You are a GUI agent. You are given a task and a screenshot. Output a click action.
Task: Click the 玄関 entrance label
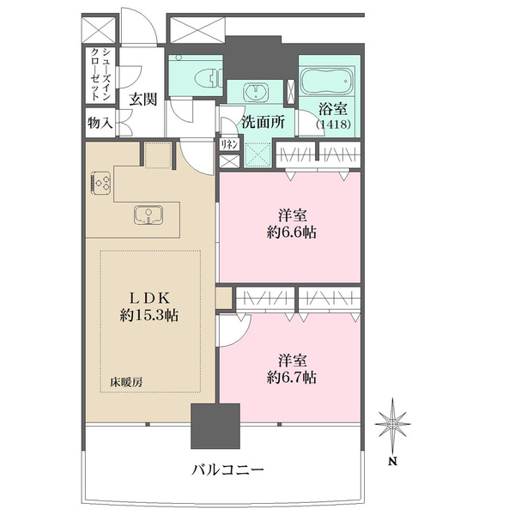[142, 98]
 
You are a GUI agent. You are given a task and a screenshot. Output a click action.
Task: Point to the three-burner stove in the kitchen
[101, 182]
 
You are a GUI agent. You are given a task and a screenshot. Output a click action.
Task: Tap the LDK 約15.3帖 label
[149, 306]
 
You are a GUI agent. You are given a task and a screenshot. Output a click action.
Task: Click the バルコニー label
[227, 470]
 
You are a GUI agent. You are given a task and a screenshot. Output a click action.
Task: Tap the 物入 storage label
[100, 123]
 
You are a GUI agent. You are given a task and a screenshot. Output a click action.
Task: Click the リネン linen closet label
[228, 146]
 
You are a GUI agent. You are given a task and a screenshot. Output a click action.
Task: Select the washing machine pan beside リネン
[255, 153]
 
